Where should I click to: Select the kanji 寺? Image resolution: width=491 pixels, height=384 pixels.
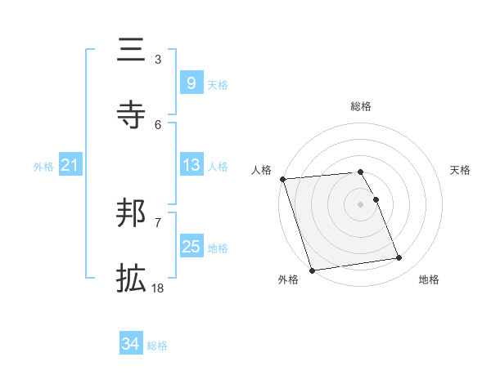click(131, 115)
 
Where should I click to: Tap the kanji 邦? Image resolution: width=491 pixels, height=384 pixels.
click(131, 213)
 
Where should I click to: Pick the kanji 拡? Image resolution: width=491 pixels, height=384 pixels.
click(131, 279)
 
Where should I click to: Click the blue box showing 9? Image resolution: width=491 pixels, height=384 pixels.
click(191, 83)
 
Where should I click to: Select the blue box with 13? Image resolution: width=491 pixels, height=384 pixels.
click(191, 165)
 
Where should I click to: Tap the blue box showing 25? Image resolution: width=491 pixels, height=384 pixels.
click(191, 247)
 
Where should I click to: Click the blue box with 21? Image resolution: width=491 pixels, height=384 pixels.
click(70, 166)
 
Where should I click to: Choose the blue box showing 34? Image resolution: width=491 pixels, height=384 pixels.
click(131, 345)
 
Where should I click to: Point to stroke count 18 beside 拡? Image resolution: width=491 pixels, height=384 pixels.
click(157, 288)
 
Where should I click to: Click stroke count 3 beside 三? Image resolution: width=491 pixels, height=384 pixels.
click(157, 59)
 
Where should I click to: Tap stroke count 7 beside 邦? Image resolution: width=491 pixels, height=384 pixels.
click(157, 222)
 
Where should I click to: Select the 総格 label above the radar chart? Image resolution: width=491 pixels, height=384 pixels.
click(361, 106)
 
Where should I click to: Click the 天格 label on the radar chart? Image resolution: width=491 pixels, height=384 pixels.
click(460, 170)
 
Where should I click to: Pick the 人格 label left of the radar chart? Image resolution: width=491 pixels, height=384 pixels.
click(261, 170)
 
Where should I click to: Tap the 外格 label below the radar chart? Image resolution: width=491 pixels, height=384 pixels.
click(288, 279)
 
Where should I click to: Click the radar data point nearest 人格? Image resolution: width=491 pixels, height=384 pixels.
click(282, 179)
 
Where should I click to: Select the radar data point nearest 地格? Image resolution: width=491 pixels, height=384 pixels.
click(399, 258)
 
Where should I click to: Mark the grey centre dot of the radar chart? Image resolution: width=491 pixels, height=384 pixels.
click(361, 204)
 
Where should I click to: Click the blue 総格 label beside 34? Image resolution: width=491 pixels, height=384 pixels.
click(157, 346)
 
